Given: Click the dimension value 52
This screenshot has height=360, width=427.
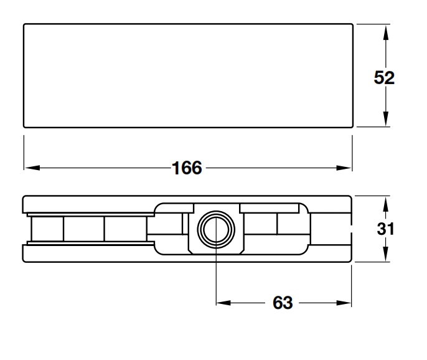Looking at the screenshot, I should click(x=385, y=77).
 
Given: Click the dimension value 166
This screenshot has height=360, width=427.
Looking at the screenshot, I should click(x=187, y=168).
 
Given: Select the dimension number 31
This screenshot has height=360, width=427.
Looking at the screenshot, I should click(x=386, y=229).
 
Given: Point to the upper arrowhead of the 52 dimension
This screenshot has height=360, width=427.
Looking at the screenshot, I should click(x=386, y=31).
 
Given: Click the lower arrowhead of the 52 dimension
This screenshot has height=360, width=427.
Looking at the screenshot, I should click(x=386, y=121).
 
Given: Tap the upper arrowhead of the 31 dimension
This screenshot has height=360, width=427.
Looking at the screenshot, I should click(x=386, y=202).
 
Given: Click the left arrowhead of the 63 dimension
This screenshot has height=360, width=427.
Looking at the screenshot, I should click(x=223, y=303).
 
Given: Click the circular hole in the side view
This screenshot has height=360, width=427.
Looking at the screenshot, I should click(x=215, y=229).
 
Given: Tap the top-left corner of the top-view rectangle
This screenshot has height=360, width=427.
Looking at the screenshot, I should click(x=24, y=24).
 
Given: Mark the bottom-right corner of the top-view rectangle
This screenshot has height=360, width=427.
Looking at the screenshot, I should click(x=352, y=128).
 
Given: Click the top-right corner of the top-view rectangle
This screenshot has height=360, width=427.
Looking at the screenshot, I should click(x=352, y=24).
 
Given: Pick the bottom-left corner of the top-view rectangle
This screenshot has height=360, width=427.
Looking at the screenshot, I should click(x=24, y=128).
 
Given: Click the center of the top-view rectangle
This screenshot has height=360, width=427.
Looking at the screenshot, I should click(x=188, y=76).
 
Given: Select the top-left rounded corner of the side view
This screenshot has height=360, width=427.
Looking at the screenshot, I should click(x=25, y=198).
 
